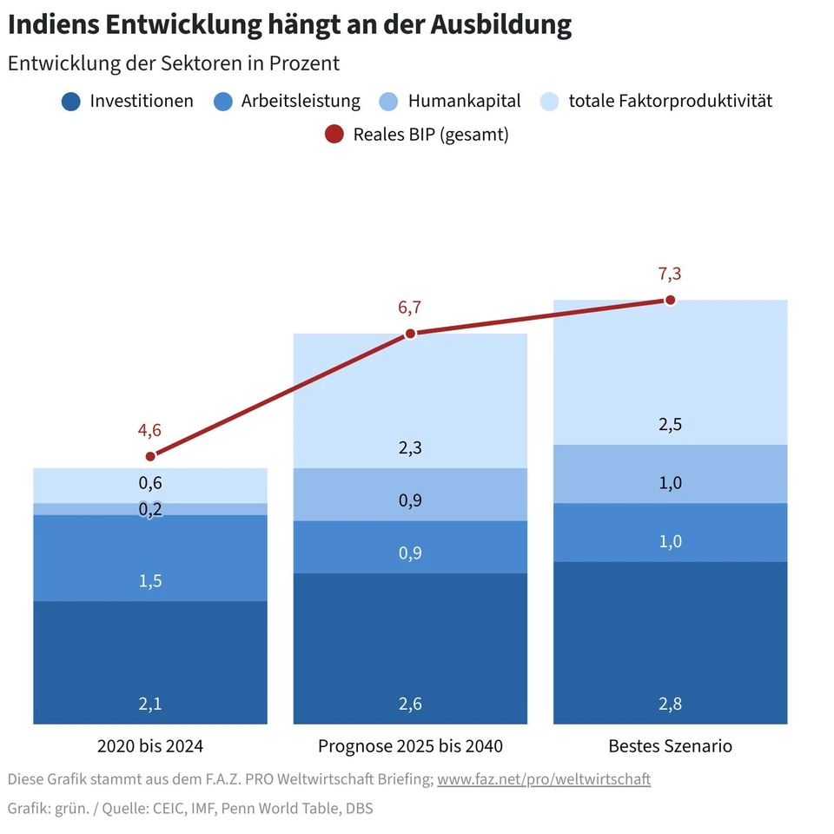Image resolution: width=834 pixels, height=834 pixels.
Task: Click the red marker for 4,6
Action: pyautogui.click(x=150, y=456)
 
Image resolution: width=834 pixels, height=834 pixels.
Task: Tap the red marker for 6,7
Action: pyautogui.click(x=411, y=333)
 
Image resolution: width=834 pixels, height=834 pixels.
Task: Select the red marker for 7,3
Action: pyautogui.click(x=670, y=300)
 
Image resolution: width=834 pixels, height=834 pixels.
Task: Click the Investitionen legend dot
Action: pyautogui.click(x=71, y=102)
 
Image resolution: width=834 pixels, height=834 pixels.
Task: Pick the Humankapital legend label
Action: pyautogui.click(x=464, y=101)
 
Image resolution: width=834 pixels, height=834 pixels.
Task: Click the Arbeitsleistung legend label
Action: pyautogui.click(x=301, y=101)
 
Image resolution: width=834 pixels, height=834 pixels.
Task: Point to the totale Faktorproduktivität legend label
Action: pyautogui.click(x=670, y=101)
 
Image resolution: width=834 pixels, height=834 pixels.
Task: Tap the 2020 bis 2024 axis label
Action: pyautogui.click(x=150, y=745)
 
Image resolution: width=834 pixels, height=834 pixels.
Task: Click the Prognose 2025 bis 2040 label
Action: pyautogui.click(x=410, y=745)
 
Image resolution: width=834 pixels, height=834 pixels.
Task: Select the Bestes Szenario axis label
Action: pyautogui.click(x=670, y=745)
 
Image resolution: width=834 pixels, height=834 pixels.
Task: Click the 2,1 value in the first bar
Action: pyautogui.click(x=150, y=704)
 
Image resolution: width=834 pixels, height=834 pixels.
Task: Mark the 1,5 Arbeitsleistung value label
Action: pyautogui.click(x=150, y=581)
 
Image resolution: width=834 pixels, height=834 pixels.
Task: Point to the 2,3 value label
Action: pyautogui.click(x=410, y=448)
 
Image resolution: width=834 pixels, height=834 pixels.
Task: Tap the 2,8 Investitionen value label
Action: pyautogui.click(x=670, y=704)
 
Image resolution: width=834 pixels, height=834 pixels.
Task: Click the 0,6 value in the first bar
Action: pyautogui.click(x=150, y=483)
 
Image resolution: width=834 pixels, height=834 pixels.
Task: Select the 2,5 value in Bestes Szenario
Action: pyautogui.click(x=670, y=425)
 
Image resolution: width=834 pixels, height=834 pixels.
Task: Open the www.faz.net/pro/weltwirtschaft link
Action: pyautogui.click(x=544, y=779)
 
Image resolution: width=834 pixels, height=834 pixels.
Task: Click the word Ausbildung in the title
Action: pyautogui.click(x=501, y=25)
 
